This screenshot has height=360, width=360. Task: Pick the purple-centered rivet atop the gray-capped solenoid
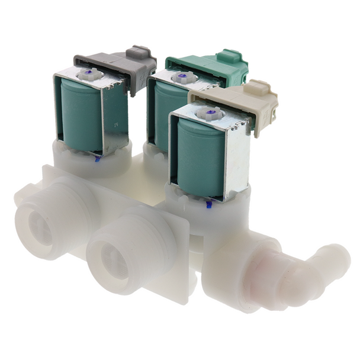click(x=91, y=74)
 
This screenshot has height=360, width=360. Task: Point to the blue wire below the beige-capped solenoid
click(x=208, y=204)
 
